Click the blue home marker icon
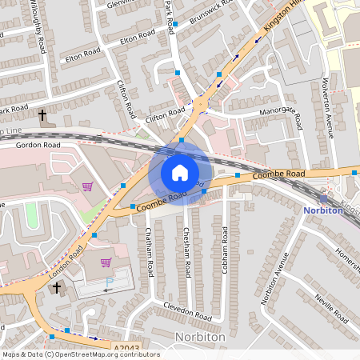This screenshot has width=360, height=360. coord(180,173)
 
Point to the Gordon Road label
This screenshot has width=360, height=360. coord(39,145)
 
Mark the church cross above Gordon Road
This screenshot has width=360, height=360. coord(42,116)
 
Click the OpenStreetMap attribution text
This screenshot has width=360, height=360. coord(80,354)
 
